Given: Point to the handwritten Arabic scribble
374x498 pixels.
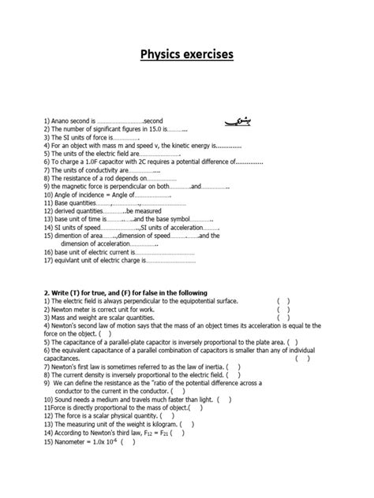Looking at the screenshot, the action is [234, 119].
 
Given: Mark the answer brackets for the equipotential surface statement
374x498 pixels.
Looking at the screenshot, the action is [283, 300].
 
